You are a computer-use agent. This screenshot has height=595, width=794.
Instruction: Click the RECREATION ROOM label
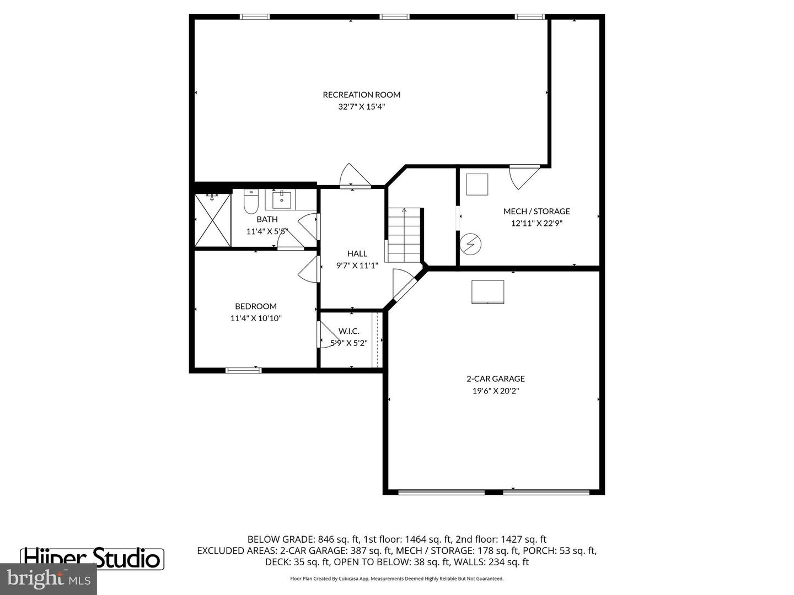click(x=361, y=95)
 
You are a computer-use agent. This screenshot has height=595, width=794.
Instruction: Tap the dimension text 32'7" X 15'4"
click(x=361, y=107)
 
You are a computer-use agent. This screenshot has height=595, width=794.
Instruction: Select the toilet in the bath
click(x=251, y=202)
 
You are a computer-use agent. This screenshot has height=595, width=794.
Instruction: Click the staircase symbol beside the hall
click(x=404, y=235)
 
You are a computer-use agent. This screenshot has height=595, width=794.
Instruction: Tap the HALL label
click(x=357, y=253)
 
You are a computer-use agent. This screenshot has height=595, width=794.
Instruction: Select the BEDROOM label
click(x=256, y=306)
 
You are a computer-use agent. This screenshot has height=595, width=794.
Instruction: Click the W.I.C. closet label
click(x=349, y=331)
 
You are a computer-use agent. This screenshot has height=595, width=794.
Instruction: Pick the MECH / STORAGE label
click(x=537, y=211)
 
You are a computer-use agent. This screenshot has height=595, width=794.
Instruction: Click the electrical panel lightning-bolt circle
click(x=471, y=244)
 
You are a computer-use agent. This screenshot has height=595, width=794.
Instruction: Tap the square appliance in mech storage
click(x=477, y=185)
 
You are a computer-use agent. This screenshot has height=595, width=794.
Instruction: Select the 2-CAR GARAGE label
click(x=496, y=378)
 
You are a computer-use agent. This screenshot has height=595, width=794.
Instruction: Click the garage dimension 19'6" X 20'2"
click(x=496, y=391)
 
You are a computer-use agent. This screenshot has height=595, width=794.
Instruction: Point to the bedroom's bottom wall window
click(x=244, y=370)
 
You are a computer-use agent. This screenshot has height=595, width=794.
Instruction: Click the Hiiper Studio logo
click(x=92, y=558)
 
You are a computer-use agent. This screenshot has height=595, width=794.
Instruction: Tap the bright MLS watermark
click(x=49, y=579)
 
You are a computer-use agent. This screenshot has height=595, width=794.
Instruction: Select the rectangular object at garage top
click(x=487, y=292)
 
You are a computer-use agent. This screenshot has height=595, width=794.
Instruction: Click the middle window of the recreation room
click(x=395, y=17)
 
